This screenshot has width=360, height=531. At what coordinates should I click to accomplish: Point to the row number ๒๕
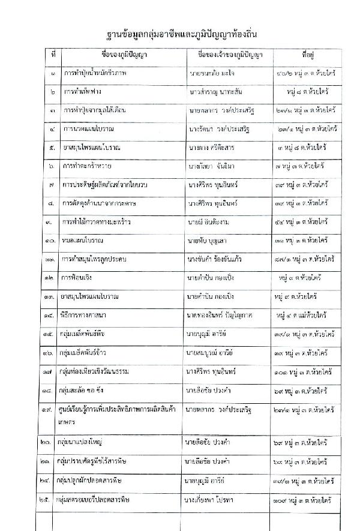[x=53, y=499]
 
